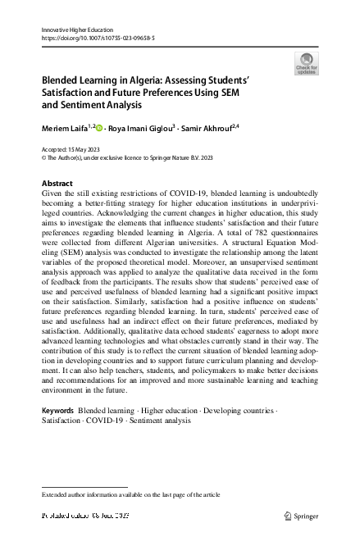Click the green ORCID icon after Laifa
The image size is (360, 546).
102,129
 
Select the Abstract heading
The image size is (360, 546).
57,183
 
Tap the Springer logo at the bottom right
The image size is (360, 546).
303,516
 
